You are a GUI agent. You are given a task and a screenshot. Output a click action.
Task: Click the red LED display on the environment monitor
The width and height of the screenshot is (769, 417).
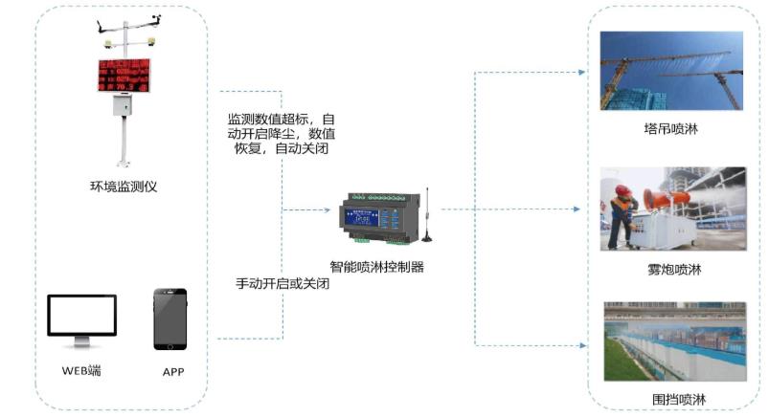(x=124, y=76)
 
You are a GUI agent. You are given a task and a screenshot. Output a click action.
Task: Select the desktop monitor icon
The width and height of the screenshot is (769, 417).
(x=81, y=319)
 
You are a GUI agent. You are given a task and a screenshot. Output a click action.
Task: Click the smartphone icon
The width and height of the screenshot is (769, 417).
(x=170, y=319)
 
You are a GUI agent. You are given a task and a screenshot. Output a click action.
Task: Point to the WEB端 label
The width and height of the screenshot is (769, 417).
(x=81, y=370)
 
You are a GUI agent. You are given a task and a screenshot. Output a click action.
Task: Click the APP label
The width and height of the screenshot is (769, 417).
(x=172, y=371)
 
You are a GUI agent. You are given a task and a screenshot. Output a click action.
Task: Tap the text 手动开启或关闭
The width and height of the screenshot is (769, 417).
(x=283, y=284)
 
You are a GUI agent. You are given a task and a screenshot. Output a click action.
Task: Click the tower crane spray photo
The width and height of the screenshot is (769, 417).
(x=671, y=71)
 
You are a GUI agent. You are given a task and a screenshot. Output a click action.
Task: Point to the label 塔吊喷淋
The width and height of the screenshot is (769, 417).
(x=671, y=129)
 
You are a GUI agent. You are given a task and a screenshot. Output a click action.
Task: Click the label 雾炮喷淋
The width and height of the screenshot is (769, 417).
(x=674, y=270)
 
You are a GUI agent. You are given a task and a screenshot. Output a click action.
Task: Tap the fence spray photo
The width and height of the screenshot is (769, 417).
(x=674, y=341)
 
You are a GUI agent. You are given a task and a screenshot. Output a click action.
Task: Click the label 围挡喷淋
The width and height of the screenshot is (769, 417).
(x=674, y=398)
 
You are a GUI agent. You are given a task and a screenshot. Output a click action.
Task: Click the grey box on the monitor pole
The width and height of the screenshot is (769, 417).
(x=123, y=104)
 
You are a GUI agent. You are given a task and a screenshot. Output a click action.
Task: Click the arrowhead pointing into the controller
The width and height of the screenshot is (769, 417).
(x=327, y=209)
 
